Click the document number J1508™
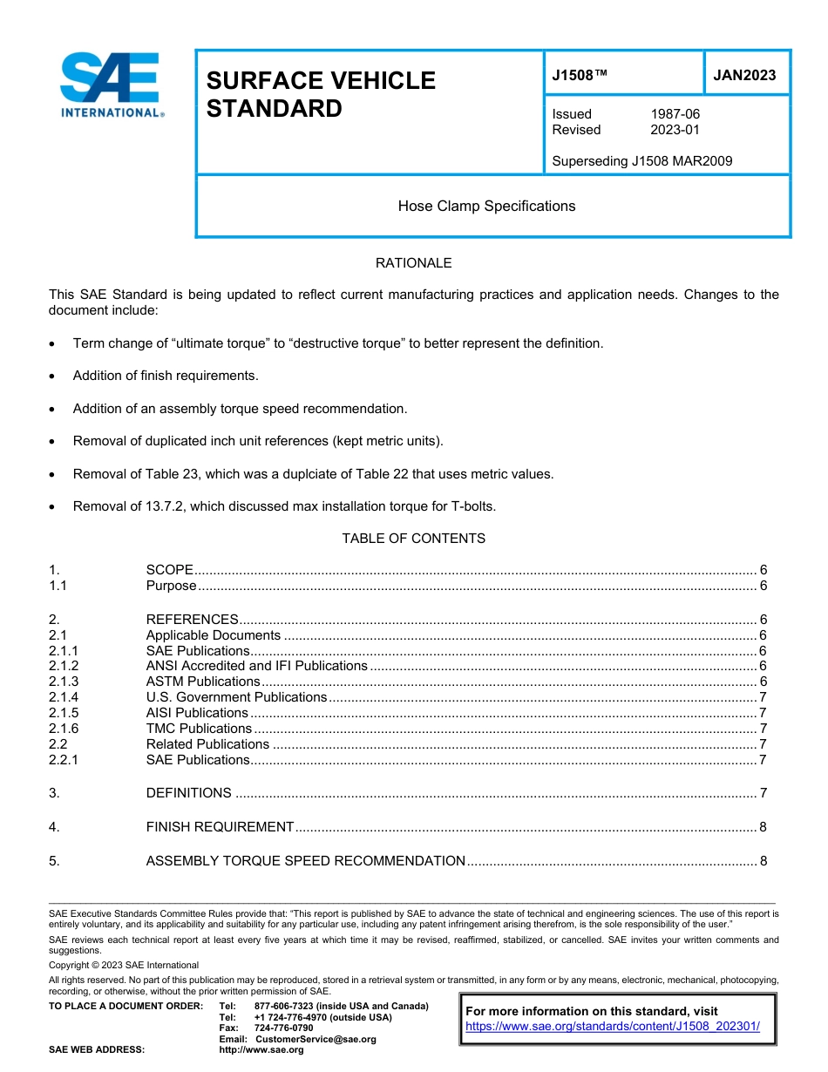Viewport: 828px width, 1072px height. tap(580, 75)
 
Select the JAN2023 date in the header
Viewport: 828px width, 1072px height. tap(744, 75)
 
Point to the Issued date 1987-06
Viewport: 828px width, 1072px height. tap(675, 114)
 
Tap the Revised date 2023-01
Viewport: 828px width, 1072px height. tap(675, 130)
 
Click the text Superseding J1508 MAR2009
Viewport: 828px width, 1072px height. tap(641, 161)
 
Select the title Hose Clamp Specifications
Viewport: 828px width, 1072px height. tap(486, 207)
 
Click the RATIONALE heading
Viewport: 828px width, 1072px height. tap(413, 263)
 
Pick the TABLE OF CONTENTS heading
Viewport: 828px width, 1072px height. tap(413, 539)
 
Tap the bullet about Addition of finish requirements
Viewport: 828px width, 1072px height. tap(166, 376)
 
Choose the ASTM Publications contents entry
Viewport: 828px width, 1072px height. tap(202, 682)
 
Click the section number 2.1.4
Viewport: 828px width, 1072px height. tap(64, 697)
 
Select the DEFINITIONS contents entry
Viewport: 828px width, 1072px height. tap(188, 793)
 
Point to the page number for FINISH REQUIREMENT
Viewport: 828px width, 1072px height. tap(763, 827)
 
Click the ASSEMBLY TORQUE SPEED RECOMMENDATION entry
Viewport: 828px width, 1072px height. tap(305, 861)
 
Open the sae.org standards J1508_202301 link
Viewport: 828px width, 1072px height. tap(613, 1027)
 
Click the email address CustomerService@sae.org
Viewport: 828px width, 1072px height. tap(316, 1040)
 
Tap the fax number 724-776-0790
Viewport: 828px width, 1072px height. tap(283, 1028)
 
